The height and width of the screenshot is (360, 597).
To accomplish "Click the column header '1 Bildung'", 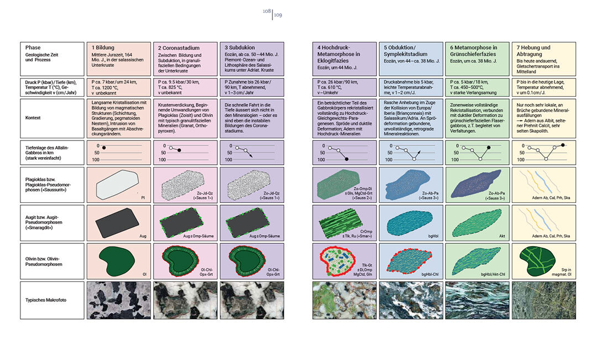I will click(103, 48).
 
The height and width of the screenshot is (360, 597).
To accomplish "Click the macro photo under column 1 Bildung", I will click(119, 300).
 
